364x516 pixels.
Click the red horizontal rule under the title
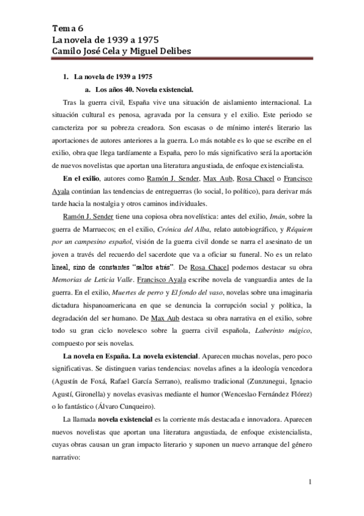(x=182, y=59)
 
